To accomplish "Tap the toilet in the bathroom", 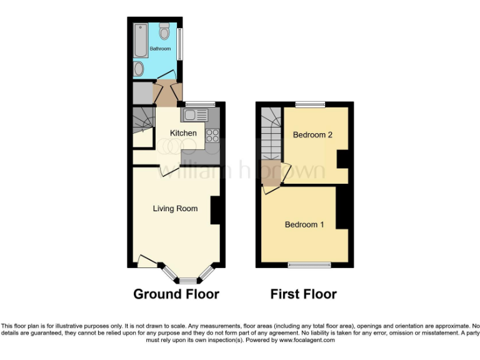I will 164,31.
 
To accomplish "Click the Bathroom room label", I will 160,49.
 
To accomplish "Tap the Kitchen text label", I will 183,133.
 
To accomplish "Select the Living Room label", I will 175,209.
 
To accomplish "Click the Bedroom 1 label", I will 304,224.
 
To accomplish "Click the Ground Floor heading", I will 176,294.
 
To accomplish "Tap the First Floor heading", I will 304,294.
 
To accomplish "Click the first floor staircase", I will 271,134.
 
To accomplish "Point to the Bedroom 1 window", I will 309,265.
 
